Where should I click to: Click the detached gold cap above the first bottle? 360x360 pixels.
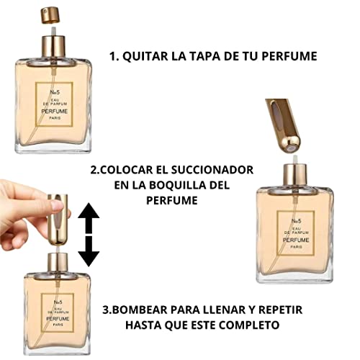(50, 15)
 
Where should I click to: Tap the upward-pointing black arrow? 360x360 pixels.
(89, 217)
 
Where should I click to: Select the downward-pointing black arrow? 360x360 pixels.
(89, 251)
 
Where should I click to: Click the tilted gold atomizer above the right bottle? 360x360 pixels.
(282, 125)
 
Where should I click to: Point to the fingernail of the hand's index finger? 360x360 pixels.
(57, 206)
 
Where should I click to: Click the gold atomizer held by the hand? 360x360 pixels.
(58, 220)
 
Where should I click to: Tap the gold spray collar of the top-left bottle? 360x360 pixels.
(53, 47)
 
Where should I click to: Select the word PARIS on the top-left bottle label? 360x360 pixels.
(55, 118)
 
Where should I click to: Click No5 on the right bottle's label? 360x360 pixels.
(296, 221)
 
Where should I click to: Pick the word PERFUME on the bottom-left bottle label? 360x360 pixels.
(58, 319)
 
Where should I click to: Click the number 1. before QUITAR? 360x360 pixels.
(114, 56)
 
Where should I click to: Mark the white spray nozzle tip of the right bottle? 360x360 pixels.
(295, 159)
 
